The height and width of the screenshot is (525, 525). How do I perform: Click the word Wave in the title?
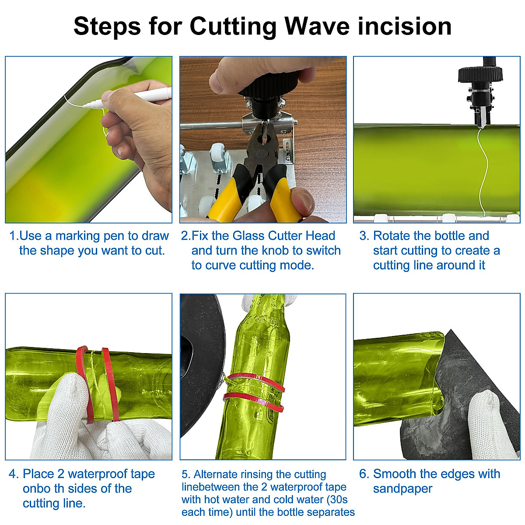tap(317, 26)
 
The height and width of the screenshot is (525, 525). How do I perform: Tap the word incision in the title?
tap(405, 26)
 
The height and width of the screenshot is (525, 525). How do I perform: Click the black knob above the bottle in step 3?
tap(480, 75)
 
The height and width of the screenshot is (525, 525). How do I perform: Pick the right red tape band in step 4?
tap(111, 385)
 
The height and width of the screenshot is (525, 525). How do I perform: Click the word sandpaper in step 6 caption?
tap(402, 489)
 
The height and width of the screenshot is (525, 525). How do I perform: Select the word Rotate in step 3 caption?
tap(391, 236)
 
